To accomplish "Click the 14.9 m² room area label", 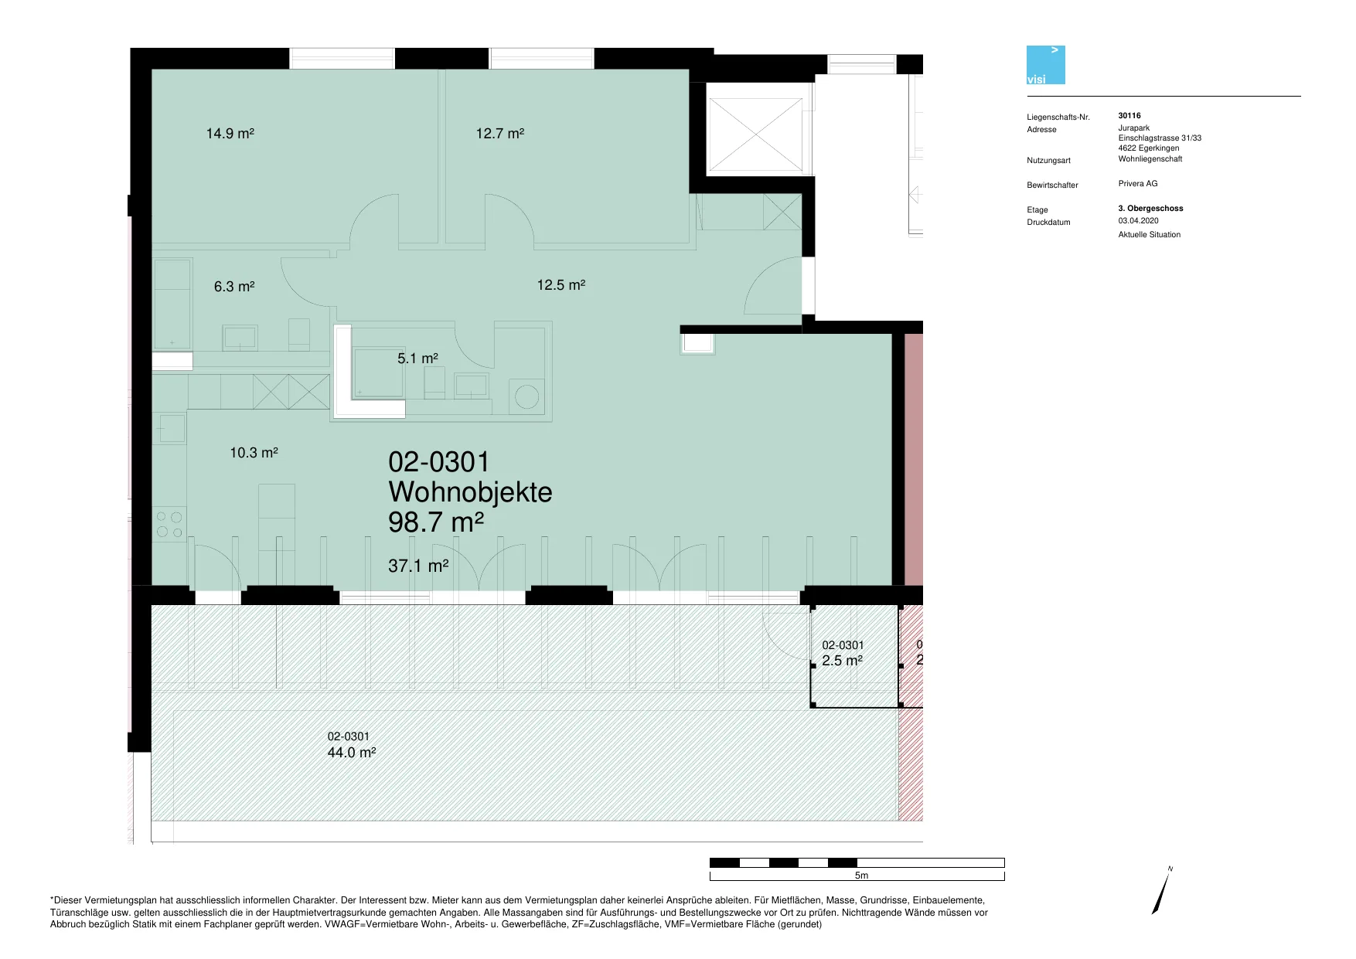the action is coord(230,134).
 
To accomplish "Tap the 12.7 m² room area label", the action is coord(500,134).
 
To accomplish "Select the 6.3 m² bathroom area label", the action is coord(234,287).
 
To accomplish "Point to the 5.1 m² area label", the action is coord(417,359).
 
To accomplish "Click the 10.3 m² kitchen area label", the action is coord(254,453).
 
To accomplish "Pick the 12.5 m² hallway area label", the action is coord(561,285).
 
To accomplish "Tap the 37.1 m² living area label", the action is coord(418,566).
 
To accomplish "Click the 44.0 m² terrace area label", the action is coord(352,753).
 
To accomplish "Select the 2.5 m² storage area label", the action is coord(843,661).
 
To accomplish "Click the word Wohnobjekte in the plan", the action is coord(470,492).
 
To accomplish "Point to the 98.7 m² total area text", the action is coord(436,522).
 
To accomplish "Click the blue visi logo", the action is coord(1046,65).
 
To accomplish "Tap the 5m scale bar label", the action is coord(861,876).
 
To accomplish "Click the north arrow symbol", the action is coord(1161,891).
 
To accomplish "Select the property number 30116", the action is coord(1129,116).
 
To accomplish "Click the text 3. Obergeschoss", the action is coord(1150,209).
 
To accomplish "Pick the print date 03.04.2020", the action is coord(1138,221).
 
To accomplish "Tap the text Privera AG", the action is coord(1138,184).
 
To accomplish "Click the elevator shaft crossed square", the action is coord(755,134).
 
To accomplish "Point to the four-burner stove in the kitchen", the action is coord(169,524).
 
